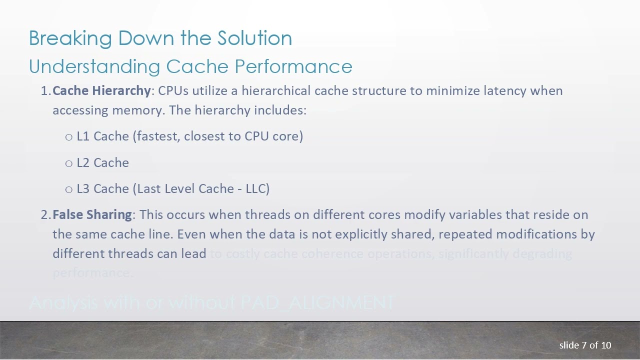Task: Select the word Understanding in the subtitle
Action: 94,66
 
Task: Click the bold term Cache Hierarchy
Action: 101,91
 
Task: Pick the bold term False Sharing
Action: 92,214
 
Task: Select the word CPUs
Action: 173,91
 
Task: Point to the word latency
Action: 504,91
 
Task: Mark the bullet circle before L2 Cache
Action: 69,163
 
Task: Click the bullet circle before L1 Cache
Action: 69,137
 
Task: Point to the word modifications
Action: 537,234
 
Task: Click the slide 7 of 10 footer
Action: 585,345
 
